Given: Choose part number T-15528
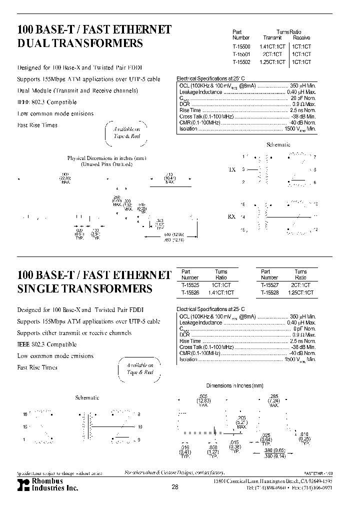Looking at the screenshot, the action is (269, 292).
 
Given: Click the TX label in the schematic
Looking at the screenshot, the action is (231, 169).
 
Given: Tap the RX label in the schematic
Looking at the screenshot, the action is (231, 217).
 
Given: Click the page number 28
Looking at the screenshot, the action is (174, 487).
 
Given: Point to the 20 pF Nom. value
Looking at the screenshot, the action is (303, 98).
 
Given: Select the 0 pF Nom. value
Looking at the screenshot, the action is (304, 328).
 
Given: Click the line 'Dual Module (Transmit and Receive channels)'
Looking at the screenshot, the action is (77, 90).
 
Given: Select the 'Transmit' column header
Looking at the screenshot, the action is (272, 37).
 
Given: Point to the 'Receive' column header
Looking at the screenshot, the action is (301, 37).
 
